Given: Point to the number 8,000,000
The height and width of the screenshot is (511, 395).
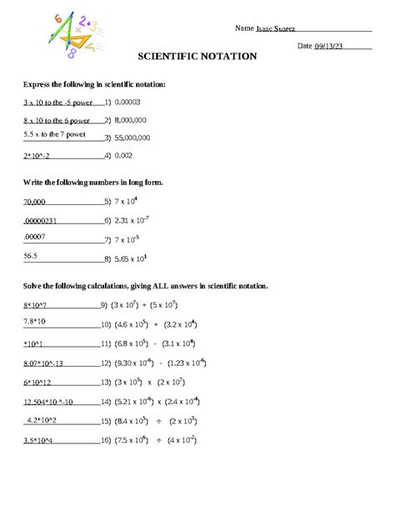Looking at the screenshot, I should point(132,120).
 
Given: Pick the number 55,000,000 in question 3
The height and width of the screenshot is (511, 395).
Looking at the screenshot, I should point(133,138).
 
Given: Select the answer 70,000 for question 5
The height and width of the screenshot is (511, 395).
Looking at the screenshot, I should point(35,202).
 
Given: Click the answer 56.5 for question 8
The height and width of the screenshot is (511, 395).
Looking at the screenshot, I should point(31,256).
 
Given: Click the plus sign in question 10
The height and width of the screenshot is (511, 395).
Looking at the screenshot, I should point(156,324).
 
